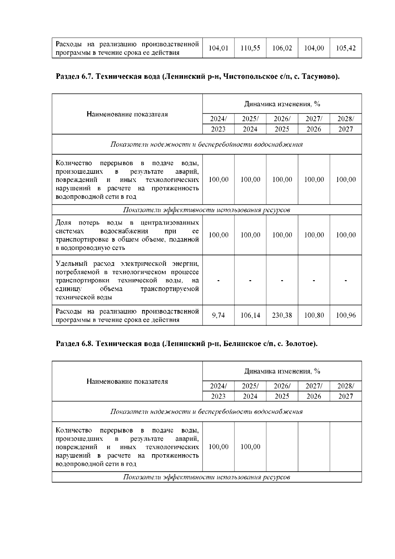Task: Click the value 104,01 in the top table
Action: click(219, 48)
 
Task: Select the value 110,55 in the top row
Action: click(250, 48)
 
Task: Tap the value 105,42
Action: click(346, 48)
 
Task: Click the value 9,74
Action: click(219, 315)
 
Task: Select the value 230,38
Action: click(282, 315)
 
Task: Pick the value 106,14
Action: click(250, 315)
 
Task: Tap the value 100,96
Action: click(346, 315)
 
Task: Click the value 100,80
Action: click(314, 315)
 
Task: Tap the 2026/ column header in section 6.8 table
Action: click(282, 386)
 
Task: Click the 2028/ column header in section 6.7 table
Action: click(346, 119)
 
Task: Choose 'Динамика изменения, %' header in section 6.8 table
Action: click(282, 371)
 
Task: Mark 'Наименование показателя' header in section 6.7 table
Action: click(127, 114)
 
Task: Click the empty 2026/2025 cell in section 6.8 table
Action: click(282, 447)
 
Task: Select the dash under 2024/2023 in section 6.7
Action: click(219, 280)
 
